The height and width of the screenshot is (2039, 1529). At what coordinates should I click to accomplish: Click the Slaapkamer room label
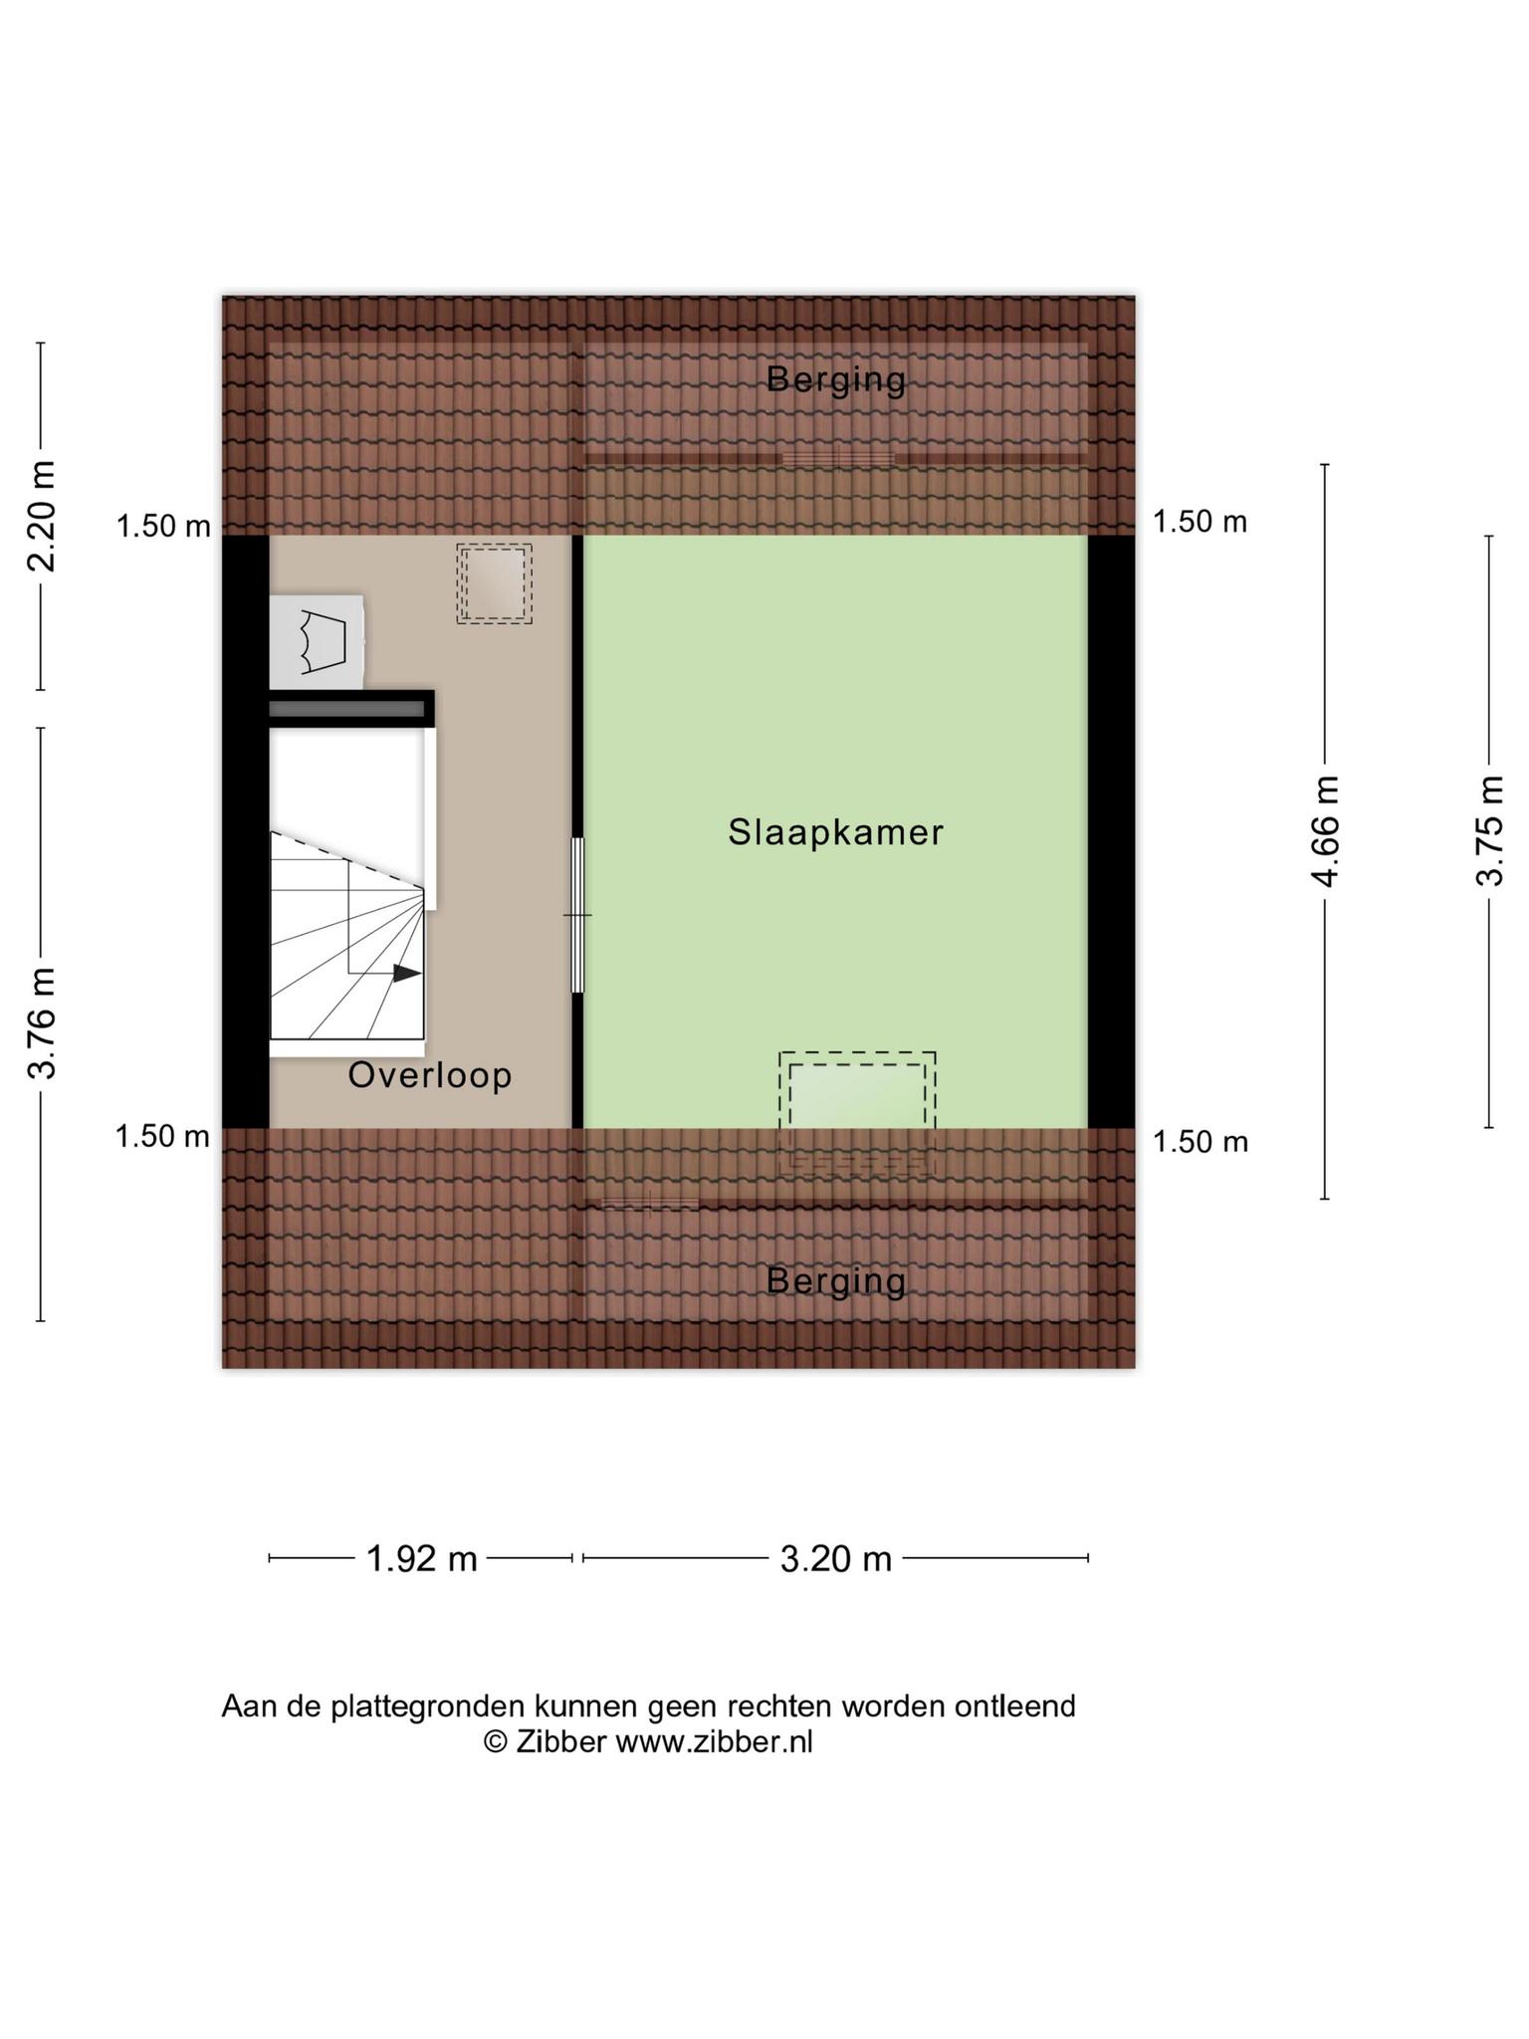click(835, 832)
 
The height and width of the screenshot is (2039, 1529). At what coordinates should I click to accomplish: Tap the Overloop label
click(430, 1075)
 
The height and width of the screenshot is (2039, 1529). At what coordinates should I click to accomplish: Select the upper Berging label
click(836, 379)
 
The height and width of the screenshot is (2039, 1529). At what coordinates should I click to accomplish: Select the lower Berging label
click(836, 1281)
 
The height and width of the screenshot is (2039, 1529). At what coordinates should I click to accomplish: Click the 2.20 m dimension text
click(42, 516)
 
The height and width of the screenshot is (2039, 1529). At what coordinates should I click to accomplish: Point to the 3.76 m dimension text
click(42, 1022)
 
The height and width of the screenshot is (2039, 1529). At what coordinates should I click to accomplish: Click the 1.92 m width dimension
click(422, 1558)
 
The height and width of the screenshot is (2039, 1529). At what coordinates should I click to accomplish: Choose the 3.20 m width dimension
click(835, 1558)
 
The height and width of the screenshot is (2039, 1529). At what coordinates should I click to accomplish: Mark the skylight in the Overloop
click(494, 583)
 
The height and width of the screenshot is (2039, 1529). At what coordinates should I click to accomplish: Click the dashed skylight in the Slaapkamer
click(857, 1112)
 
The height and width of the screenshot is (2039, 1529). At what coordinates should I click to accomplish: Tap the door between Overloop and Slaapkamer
click(577, 915)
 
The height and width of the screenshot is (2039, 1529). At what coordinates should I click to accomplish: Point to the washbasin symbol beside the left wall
click(316, 641)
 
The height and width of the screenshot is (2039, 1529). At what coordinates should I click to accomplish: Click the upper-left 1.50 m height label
click(163, 526)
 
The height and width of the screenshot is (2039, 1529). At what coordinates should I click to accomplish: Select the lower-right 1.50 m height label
click(1201, 1141)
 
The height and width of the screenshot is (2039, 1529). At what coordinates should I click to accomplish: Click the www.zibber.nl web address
click(714, 1741)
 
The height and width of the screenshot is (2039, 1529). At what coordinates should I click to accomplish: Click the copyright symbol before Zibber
click(496, 1741)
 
